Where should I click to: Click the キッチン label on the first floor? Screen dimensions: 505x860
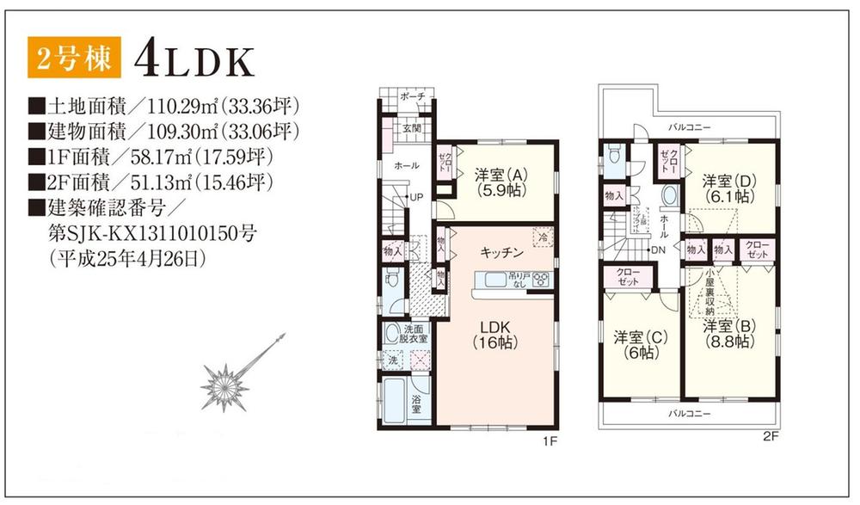click(x=501, y=252)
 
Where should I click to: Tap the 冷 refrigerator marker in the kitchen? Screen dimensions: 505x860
click(x=543, y=234)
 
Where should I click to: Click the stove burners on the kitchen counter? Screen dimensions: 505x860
click(x=541, y=278)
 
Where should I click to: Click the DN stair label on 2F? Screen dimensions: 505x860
click(x=659, y=249)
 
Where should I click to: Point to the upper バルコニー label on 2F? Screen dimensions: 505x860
click(x=691, y=126)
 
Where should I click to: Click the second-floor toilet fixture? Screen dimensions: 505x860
click(x=613, y=157)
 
